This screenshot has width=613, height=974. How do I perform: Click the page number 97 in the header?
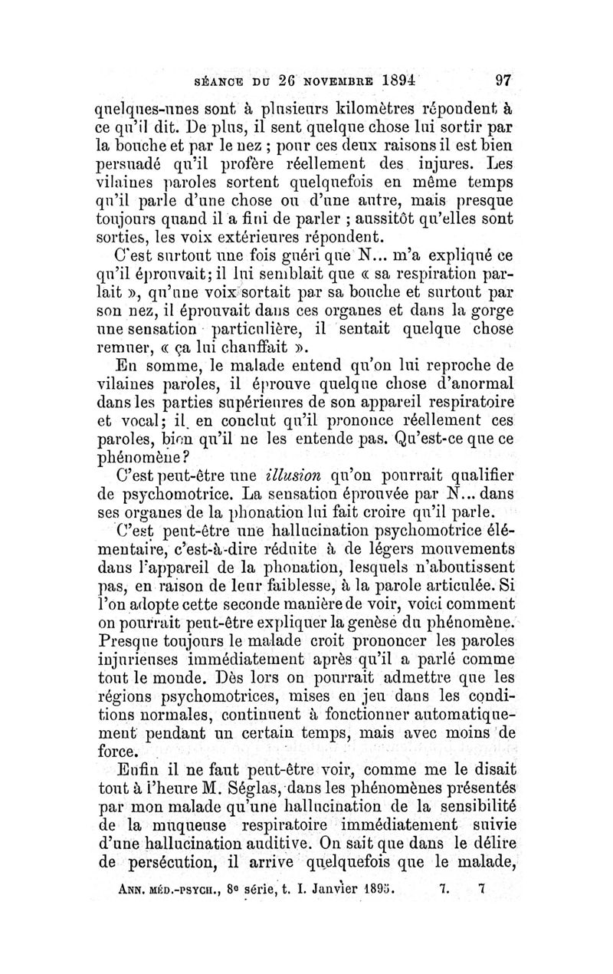click(x=503, y=79)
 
